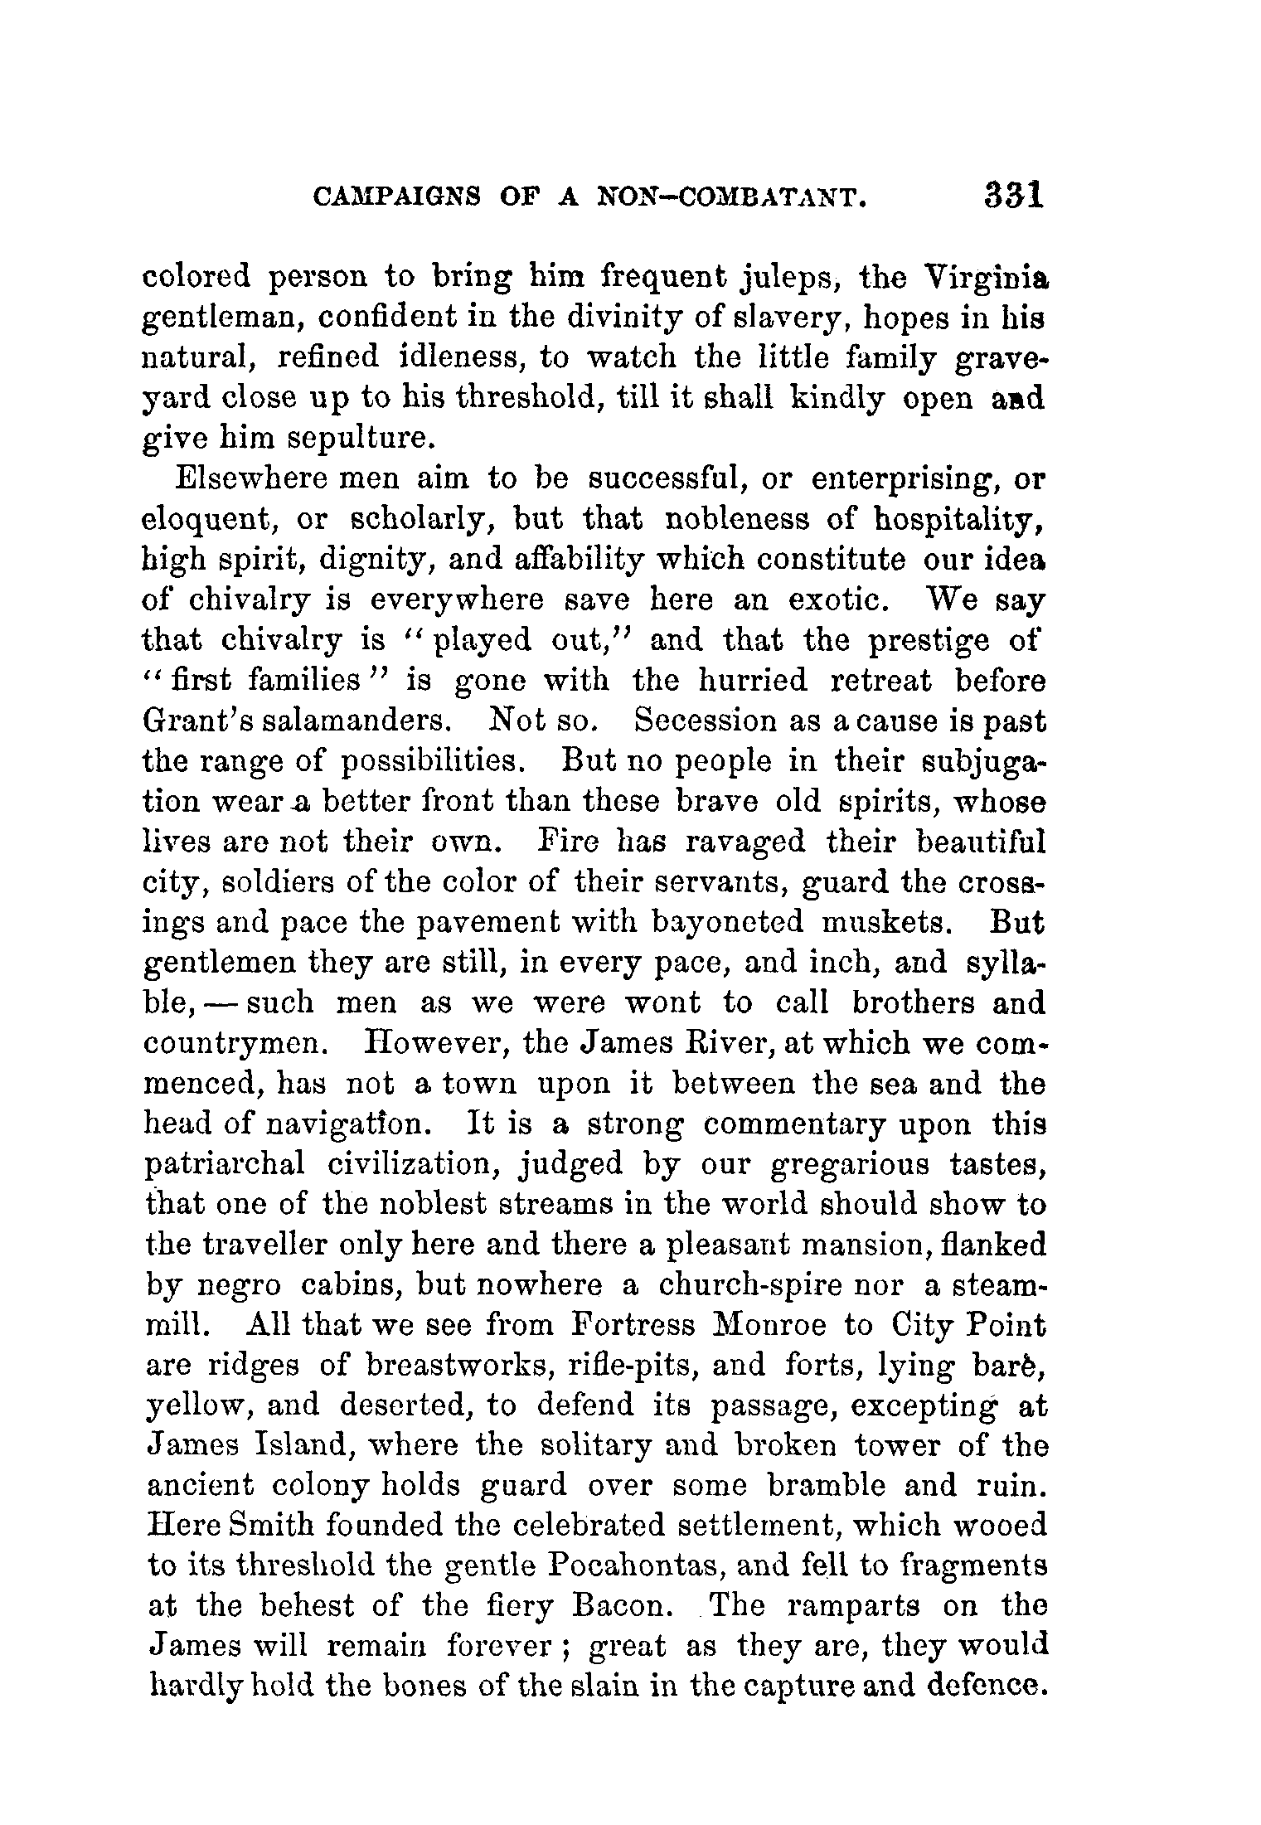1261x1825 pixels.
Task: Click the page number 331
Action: click(1014, 197)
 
